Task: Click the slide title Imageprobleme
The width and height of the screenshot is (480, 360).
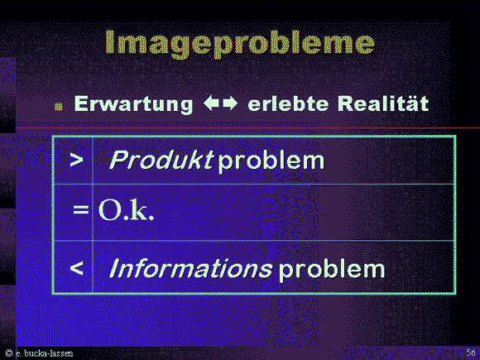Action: pos(240,44)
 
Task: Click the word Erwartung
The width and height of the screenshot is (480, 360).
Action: pos(134,104)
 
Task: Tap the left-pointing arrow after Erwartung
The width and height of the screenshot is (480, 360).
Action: pos(211,103)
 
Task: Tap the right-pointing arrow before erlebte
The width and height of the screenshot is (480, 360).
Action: pos(230,103)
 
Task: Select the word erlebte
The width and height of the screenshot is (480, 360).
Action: pos(288,103)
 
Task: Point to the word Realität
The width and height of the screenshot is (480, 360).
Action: pos(383,103)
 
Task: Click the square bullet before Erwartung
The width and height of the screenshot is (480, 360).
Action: pos(59,107)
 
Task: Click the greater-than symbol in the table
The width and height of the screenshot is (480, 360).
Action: pos(76,160)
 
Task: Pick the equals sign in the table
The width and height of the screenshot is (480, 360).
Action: pos(81,209)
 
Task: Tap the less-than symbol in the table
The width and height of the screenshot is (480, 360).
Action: pos(76,268)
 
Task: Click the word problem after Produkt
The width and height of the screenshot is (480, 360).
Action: pos(271,161)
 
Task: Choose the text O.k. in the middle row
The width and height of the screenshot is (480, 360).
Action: pos(126,209)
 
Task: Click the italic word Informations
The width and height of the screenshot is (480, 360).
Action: pos(190,268)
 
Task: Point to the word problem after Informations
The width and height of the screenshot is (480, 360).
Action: pos(332,270)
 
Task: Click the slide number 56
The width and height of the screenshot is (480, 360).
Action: pos(471,352)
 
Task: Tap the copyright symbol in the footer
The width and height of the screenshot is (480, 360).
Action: pos(9,353)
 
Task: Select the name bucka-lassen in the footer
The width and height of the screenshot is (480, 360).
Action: pos(48,353)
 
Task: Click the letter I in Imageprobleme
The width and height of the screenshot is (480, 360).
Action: pos(111,42)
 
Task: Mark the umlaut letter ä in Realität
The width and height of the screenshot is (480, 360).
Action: pos(412,103)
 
